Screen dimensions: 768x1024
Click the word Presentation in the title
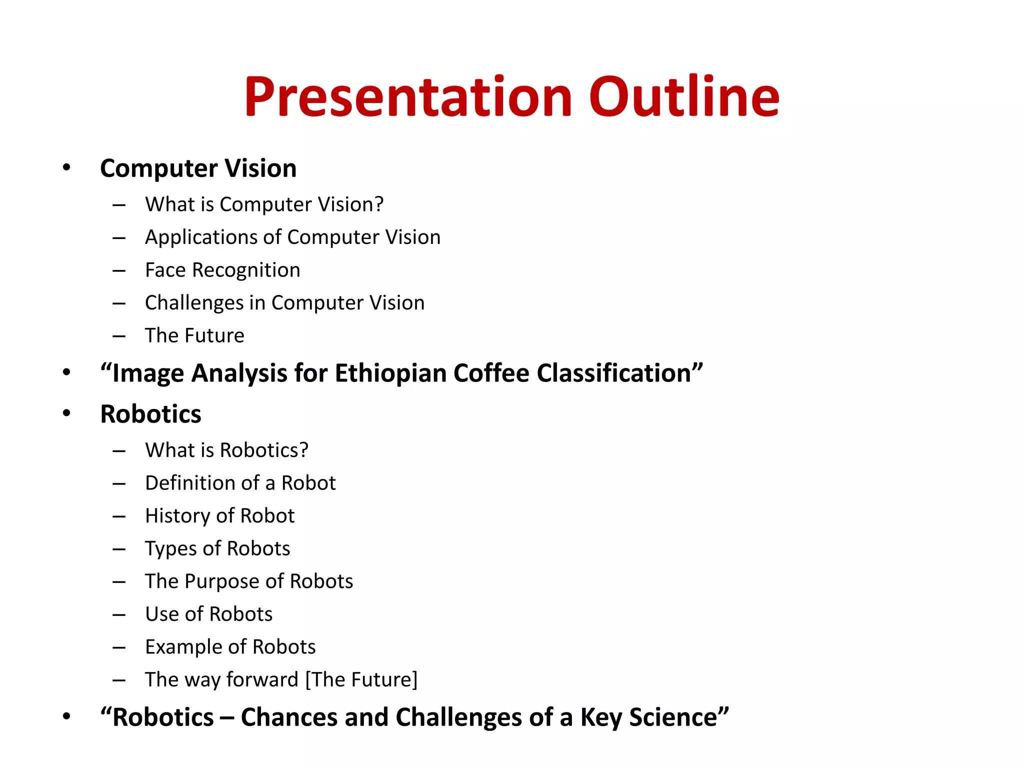[x=407, y=97]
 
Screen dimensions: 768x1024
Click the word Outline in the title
[x=684, y=97]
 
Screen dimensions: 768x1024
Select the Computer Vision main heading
[x=198, y=168]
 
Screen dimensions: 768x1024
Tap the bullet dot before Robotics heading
[x=66, y=413]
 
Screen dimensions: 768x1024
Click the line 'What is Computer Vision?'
[x=264, y=204]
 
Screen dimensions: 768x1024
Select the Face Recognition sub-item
[x=222, y=270]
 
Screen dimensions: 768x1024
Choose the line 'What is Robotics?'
[x=226, y=450]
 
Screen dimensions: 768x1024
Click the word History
[x=177, y=516]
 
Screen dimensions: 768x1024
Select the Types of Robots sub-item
[x=217, y=548]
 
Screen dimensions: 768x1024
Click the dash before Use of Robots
[x=119, y=614]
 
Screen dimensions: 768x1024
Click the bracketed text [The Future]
[x=361, y=680]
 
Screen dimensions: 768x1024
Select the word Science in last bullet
[x=678, y=717]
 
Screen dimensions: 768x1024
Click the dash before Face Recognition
[x=119, y=270]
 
